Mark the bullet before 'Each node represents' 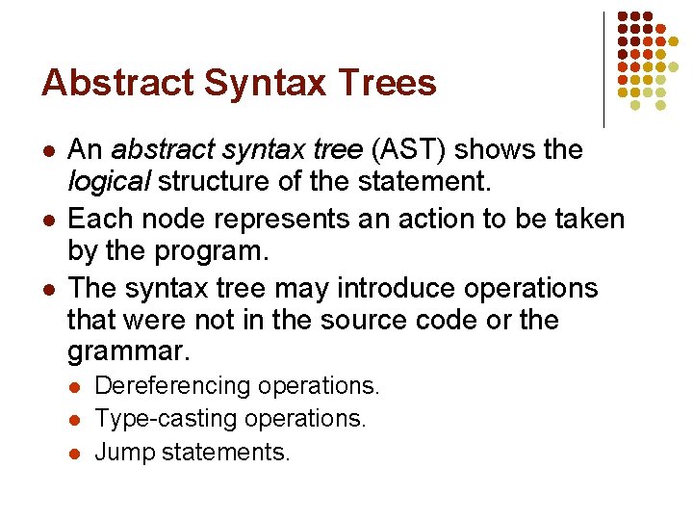[x=48, y=220]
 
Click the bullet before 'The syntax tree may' [x=48, y=289]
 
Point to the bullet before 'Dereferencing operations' [x=75, y=387]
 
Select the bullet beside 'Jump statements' [x=75, y=453]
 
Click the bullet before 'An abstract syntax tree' [x=48, y=151]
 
